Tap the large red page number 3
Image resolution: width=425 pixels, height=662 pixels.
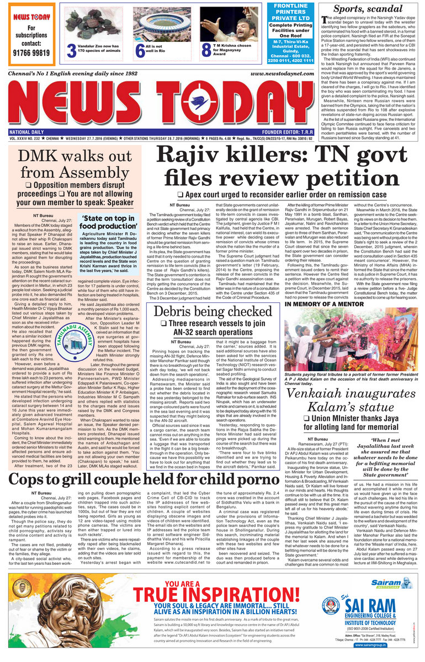[x=71, y=50]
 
